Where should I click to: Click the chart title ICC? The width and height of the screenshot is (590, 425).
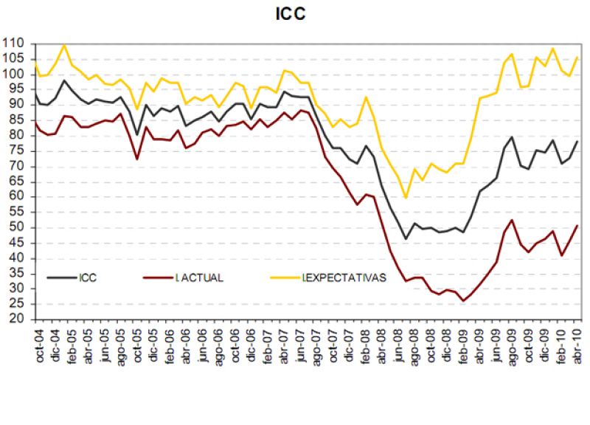[296, 14]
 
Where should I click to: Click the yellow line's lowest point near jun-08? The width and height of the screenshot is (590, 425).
[405, 198]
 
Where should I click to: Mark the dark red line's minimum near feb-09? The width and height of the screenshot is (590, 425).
[462, 300]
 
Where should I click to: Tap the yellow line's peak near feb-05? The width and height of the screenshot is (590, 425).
[64, 45]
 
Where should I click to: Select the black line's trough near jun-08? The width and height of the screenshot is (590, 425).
[405, 238]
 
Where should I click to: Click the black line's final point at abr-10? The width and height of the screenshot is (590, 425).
[577, 141]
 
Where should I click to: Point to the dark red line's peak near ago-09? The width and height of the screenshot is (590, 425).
[512, 220]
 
